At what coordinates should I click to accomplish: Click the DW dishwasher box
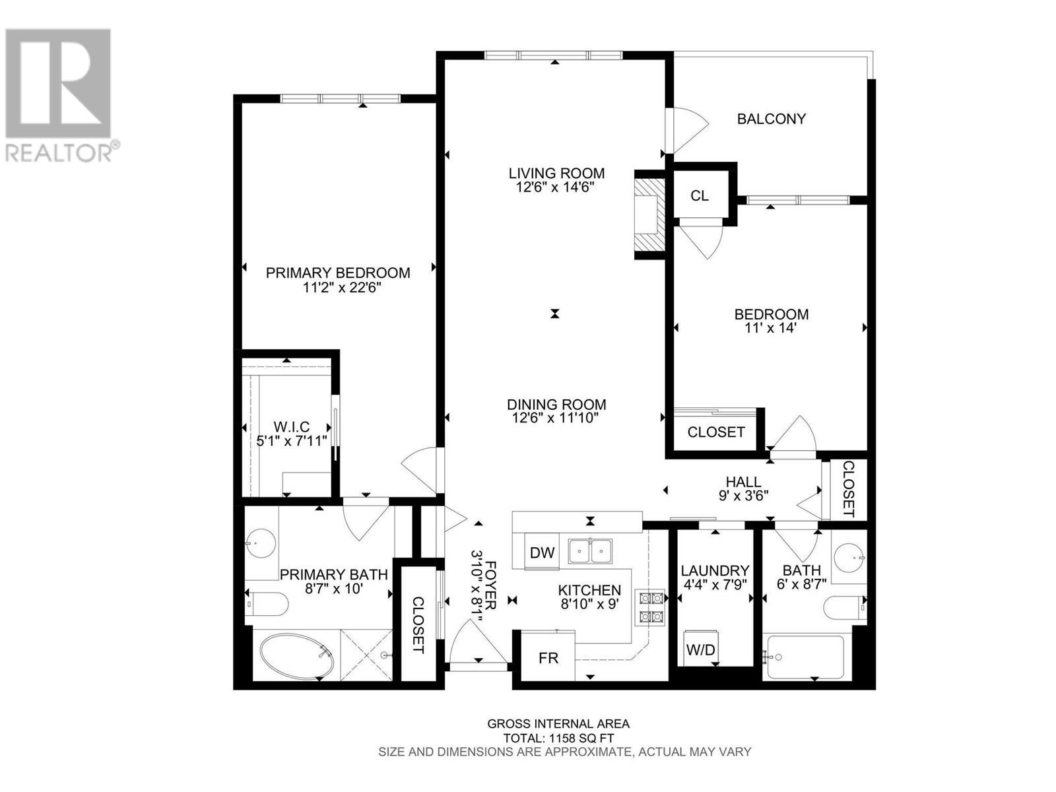(543, 552)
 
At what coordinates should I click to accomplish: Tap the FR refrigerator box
(548, 658)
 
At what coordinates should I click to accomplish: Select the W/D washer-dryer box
(700, 649)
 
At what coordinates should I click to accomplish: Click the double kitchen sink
(591, 550)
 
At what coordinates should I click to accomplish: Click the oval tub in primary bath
(296, 656)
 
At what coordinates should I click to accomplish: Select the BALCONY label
(771, 119)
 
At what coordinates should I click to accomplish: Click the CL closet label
(700, 196)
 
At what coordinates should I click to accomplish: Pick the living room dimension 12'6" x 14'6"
(556, 187)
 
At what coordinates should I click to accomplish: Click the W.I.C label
(292, 428)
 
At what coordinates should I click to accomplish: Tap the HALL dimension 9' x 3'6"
(743, 494)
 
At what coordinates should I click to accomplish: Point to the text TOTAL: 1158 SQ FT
(558, 738)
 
